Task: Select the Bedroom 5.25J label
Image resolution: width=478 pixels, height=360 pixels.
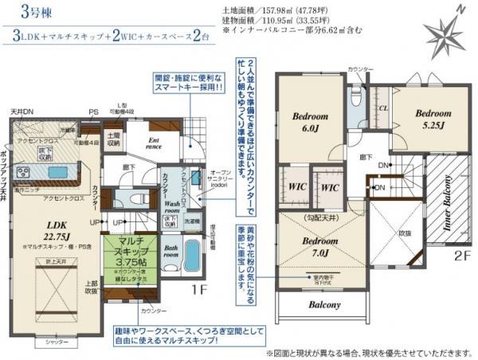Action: click(x=431, y=119)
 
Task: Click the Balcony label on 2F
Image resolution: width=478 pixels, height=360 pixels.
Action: click(x=322, y=305)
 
